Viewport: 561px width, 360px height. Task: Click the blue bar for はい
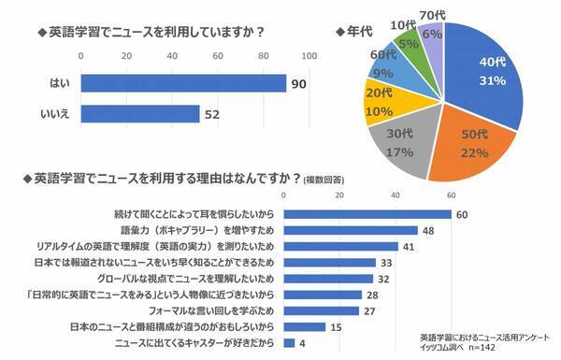pyautogui.click(x=182, y=84)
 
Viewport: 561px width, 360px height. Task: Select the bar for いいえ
pyautogui.click(x=140, y=115)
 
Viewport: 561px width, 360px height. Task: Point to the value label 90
pyautogui.click(x=299, y=85)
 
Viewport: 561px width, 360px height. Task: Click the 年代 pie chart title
pyautogui.click(x=353, y=31)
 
